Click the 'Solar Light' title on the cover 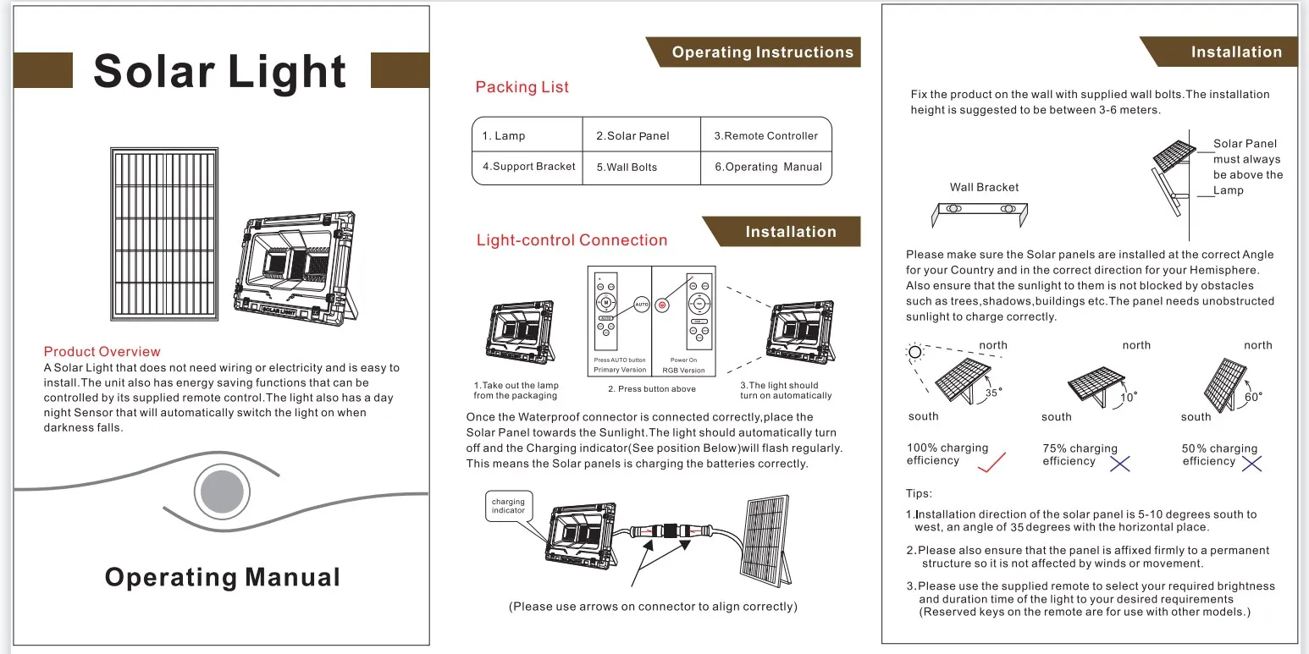[220, 71]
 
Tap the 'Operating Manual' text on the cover [222, 577]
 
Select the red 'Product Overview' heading [102, 351]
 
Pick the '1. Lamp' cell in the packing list [504, 136]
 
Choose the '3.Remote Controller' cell [765, 135]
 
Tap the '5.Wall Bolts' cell [627, 168]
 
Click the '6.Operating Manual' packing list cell [768, 167]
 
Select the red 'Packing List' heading [522, 87]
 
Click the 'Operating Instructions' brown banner [762, 52]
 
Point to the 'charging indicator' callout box [508, 506]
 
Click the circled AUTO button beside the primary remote [641, 303]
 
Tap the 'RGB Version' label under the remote [683, 371]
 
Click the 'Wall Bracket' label [984, 187]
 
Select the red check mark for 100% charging [991, 462]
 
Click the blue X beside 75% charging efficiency [1120, 463]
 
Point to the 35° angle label [992, 393]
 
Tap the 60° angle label [1253, 397]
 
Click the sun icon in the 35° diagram [914, 352]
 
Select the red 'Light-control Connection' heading [572, 240]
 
